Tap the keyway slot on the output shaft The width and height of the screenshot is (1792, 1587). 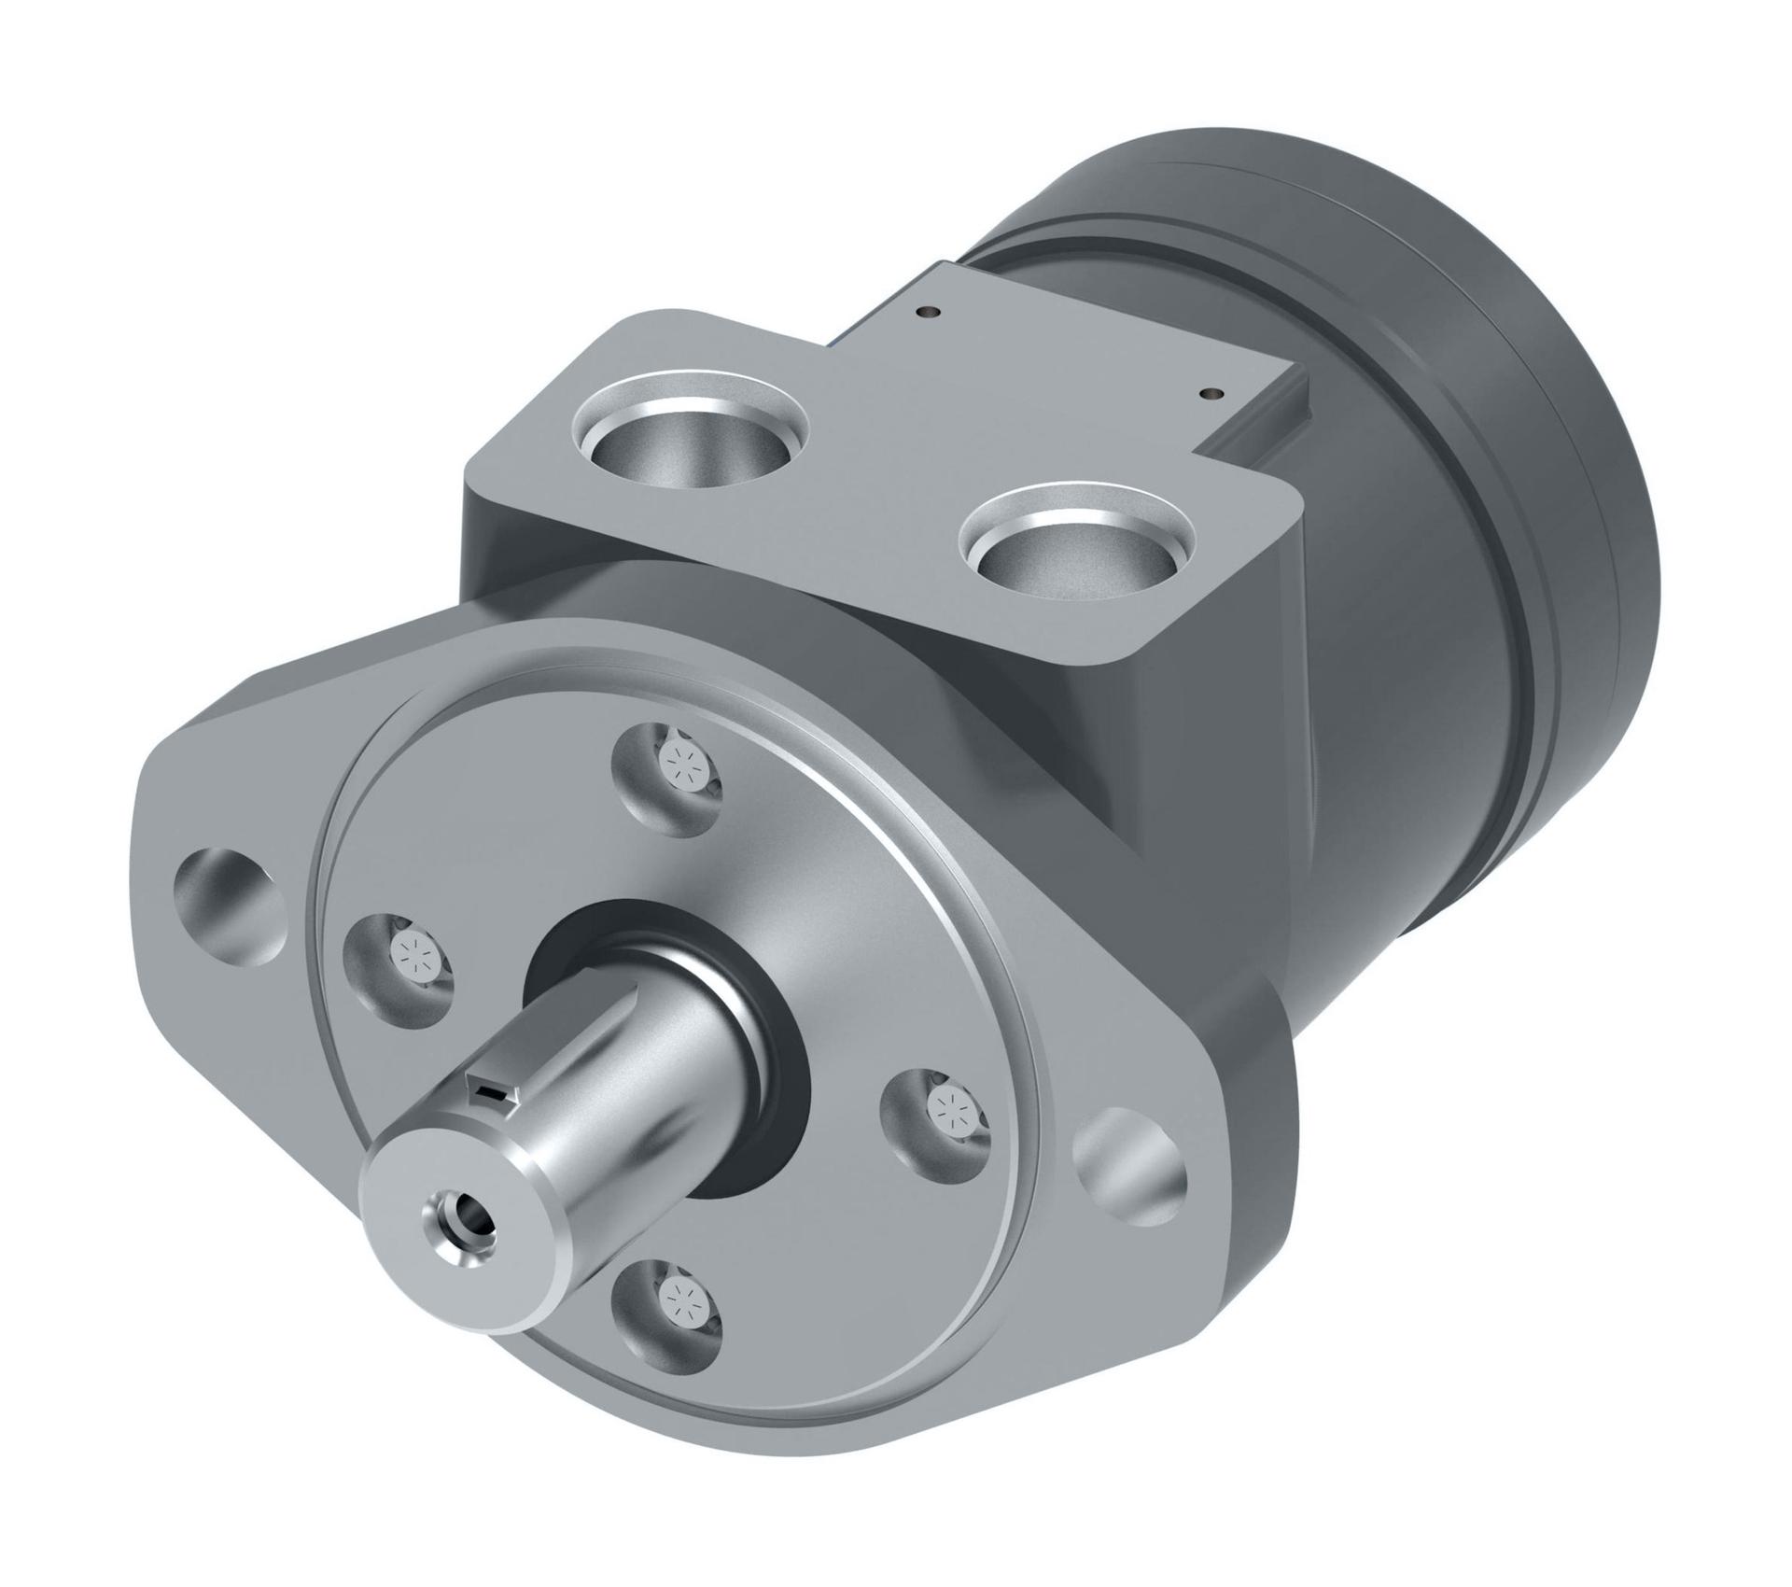tap(491, 1095)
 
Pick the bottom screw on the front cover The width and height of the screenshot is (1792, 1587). tap(673, 1299)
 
